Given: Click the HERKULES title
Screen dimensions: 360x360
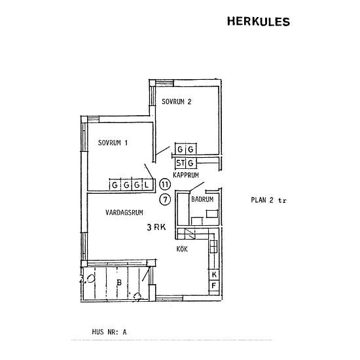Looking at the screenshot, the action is tap(259, 22).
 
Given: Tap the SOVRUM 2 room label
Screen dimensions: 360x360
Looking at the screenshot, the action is tap(176, 101).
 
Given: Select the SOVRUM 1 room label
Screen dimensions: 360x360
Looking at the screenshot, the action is tap(113, 143).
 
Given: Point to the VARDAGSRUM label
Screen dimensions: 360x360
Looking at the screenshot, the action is tap(124, 212).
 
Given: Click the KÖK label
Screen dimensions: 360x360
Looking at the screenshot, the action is tap(182, 249).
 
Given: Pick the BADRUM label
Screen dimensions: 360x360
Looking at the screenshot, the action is tap(202, 199).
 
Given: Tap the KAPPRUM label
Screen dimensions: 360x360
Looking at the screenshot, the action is tap(186, 175).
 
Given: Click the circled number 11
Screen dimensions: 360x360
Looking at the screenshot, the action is tap(165, 185).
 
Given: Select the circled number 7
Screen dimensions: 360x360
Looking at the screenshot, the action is tap(165, 199).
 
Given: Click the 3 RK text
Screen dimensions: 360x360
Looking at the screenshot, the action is tap(156, 227).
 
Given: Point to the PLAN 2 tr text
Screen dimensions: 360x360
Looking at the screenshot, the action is tap(268, 200).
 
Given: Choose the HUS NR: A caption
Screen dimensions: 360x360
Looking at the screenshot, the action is tap(109, 332).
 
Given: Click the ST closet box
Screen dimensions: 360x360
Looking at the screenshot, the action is tap(180, 163).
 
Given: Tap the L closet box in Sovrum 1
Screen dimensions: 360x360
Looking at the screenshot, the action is tap(147, 185).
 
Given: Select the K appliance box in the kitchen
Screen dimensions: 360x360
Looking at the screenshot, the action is tap(214, 274).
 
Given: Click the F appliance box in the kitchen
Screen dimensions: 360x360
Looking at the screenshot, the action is tap(214, 286).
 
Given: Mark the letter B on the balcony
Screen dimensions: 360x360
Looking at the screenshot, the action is tap(119, 282).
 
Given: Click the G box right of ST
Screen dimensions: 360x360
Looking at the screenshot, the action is tap(190, 163).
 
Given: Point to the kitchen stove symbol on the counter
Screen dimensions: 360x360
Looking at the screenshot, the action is tap(213, 246).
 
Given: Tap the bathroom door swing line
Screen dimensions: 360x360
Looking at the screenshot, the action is tap(197, 187).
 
